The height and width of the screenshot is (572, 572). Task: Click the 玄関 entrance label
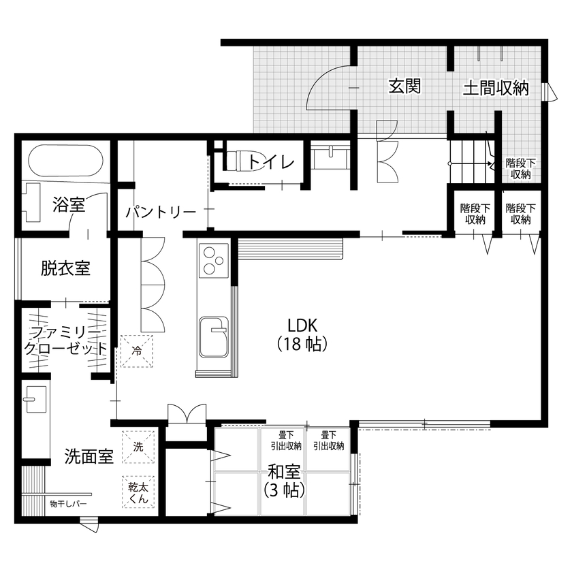pyautogui.click(x=404, y=86)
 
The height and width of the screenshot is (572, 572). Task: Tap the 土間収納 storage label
pyautogui.click(x=496, y=88)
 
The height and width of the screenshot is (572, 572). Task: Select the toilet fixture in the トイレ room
pyautogui.click(x=236, y=161)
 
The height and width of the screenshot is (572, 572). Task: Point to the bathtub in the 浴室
pyautogui.click(x=65, y=162)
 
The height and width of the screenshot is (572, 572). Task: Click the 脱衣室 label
pyautogui.click(x=65, y=268)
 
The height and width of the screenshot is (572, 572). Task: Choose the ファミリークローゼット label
pyautogui.click(x=65, y=340)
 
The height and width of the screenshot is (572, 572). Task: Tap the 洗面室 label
pyautogui.click(x=89, y=456)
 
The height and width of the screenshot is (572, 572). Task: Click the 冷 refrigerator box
pyautogui.click(x=137, y=351)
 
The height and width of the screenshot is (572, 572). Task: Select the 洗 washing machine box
pyautogui.click(x=138, y=447)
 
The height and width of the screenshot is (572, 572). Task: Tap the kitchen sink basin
pyautogui.click(x=214, y=336)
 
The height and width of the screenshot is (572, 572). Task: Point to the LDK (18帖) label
pyautogui.click(x=303, y=334)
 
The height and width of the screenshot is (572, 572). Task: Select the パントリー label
pyautogui.click(x=161, y=212)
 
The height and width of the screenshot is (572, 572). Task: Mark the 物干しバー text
pyautogui.click(x=68, y=505)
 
